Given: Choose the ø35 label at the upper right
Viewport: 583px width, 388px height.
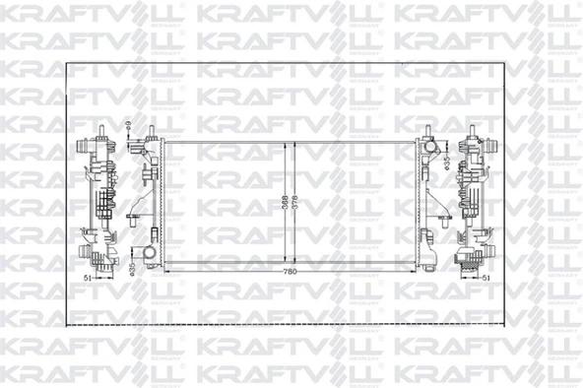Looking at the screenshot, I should tap(446, 164).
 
